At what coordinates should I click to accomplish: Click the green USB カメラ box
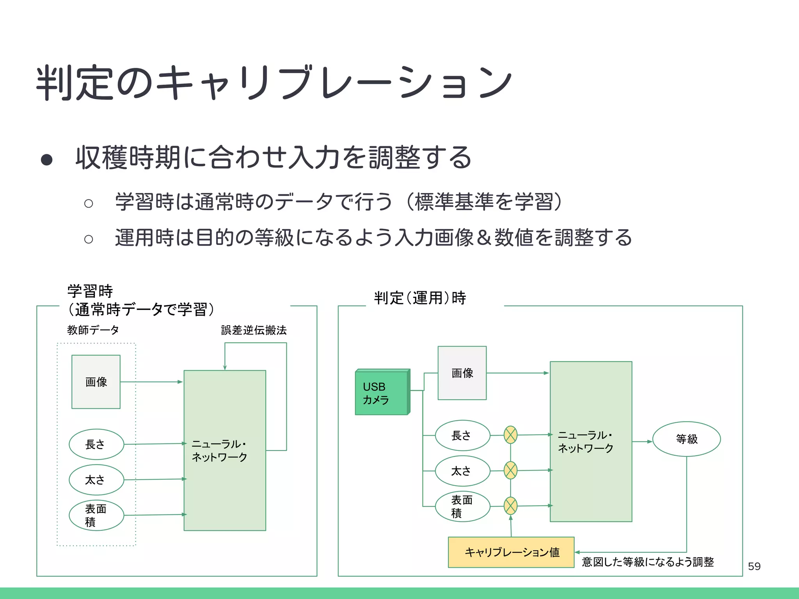(382, 393)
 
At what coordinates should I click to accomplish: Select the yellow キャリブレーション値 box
(511, 552)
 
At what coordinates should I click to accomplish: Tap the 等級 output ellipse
(686, 439)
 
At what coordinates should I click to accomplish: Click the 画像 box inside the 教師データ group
(96, 382)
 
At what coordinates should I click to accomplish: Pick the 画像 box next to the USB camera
(462, 373)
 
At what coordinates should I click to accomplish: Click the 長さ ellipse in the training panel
(96, 445)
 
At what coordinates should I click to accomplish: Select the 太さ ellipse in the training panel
(96, 480)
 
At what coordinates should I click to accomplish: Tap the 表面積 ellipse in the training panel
(96, 515)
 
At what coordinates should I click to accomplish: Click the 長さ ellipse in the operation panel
(462, 436)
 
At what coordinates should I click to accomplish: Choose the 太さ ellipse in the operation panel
(462, 471)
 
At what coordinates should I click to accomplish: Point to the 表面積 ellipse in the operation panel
(462, 506)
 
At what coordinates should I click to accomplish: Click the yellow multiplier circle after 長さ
(510, 435)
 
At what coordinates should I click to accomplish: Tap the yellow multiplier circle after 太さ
(510, 470)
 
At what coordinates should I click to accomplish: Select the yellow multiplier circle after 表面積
(510, 506)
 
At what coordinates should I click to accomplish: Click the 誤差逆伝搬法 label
(254, 330)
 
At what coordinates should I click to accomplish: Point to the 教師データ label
(93, 330)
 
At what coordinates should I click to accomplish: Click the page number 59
(754, 566)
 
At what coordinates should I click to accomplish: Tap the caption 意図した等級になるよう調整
(648, 562)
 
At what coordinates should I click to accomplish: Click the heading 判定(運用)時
(420, 298)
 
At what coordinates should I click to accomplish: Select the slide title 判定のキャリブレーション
(273, 83)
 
